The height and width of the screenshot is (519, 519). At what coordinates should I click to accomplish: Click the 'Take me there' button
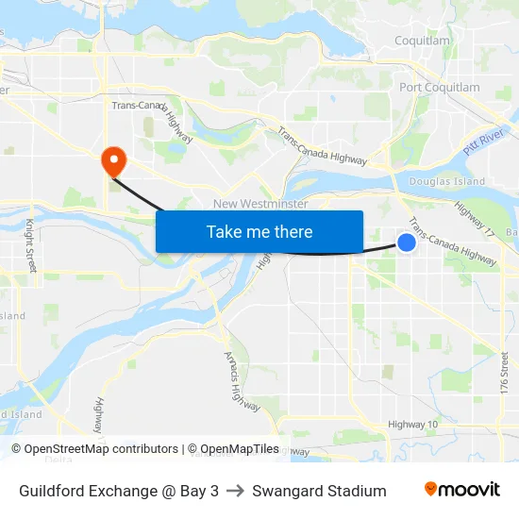[259, 231]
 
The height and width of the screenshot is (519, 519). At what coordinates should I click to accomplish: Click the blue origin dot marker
[407, 243]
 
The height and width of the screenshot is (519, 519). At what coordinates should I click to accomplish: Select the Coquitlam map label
[422, 41]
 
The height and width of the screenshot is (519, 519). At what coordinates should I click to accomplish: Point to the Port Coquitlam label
[439, 88]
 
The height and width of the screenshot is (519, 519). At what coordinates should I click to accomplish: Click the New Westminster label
[260, 204]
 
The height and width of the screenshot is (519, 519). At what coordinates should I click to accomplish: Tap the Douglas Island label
[447, 181]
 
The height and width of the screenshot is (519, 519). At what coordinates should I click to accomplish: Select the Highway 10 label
[412, 424]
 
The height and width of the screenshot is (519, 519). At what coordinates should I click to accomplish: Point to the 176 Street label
[505, 373]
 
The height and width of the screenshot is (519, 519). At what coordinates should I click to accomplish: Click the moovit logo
[462, 490]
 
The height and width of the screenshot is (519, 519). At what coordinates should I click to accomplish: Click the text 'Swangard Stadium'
[319, 491]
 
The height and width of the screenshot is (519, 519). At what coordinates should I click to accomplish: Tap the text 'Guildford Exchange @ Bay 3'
[119, 491]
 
